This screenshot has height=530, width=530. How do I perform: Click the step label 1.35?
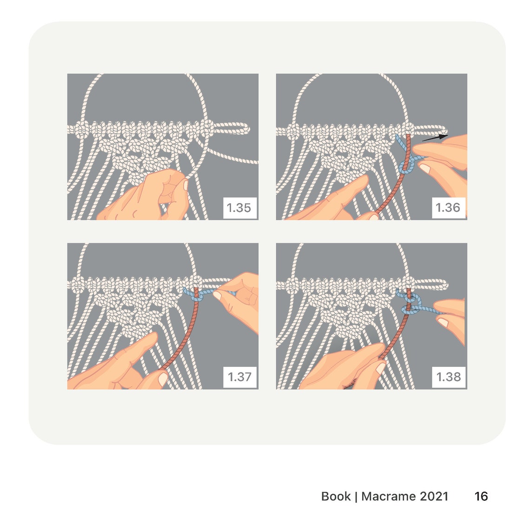point(238,207)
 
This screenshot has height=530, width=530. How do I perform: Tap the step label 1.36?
point(448,207)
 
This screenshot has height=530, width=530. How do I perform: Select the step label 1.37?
point(239,377)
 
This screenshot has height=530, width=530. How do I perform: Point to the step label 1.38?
point(448,377)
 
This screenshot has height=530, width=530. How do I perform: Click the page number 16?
point(481,496)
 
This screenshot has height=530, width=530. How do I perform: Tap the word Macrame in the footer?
point(388,496)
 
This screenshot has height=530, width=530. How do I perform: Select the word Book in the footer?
point(336,496)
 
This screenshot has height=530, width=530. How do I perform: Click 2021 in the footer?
point(434,496)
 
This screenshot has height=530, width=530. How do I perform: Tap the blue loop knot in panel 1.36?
point(405,167)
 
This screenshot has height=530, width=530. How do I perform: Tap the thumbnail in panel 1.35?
point(185,185)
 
